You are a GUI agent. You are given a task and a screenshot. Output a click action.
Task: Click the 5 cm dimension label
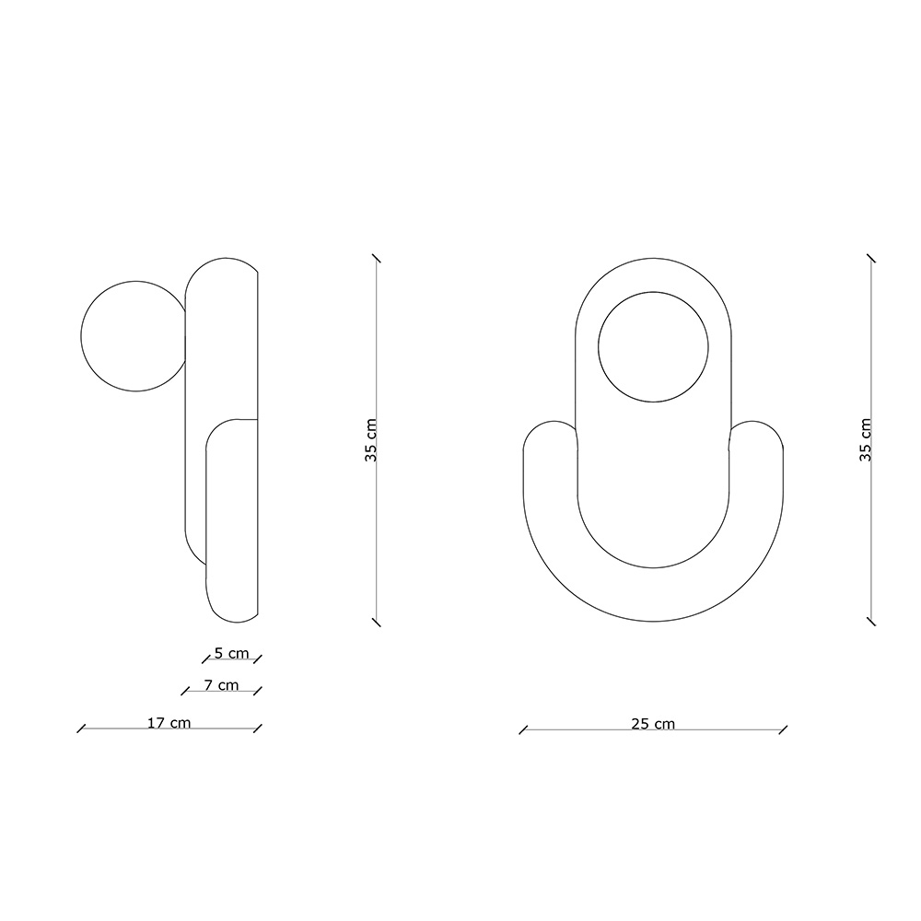coord(231,653)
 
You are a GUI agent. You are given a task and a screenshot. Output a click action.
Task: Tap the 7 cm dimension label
coord(221,685)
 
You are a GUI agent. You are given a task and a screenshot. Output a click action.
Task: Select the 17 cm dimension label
coord(169,722)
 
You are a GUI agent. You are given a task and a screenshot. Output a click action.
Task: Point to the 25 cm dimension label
coord(653,724)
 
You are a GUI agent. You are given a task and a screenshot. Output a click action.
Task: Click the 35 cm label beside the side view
coord(370,440)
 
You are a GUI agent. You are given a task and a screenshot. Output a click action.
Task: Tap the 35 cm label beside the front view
coord(865,440)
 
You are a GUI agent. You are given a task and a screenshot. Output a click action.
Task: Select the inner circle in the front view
coord(653,292)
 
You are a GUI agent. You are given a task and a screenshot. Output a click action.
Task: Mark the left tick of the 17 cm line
coord(81,729)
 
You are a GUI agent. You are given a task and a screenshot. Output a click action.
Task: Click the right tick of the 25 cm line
coord(783,730)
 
